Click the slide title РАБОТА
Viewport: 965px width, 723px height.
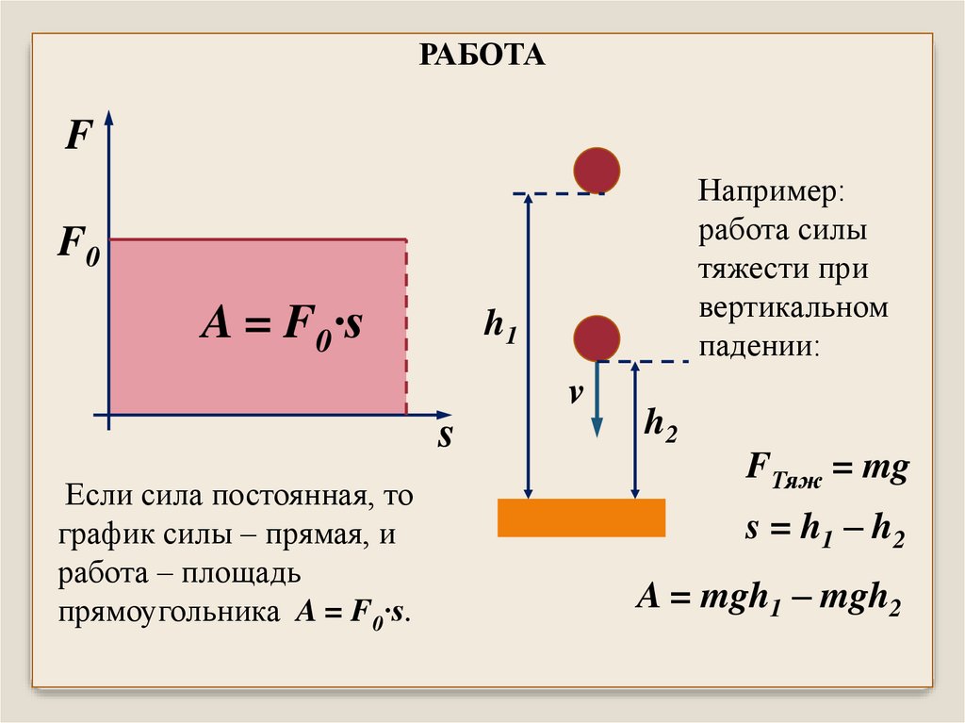point(482,55)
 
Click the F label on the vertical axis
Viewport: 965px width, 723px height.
point(76,140)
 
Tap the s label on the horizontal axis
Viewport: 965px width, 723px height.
point(445,436)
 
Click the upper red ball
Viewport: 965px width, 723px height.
point(597,171)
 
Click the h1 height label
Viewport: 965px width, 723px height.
point(499,327)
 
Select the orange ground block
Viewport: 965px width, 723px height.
point(581,518)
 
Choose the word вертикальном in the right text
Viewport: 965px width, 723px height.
point(793,308)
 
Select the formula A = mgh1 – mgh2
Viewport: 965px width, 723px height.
point(769,599)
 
